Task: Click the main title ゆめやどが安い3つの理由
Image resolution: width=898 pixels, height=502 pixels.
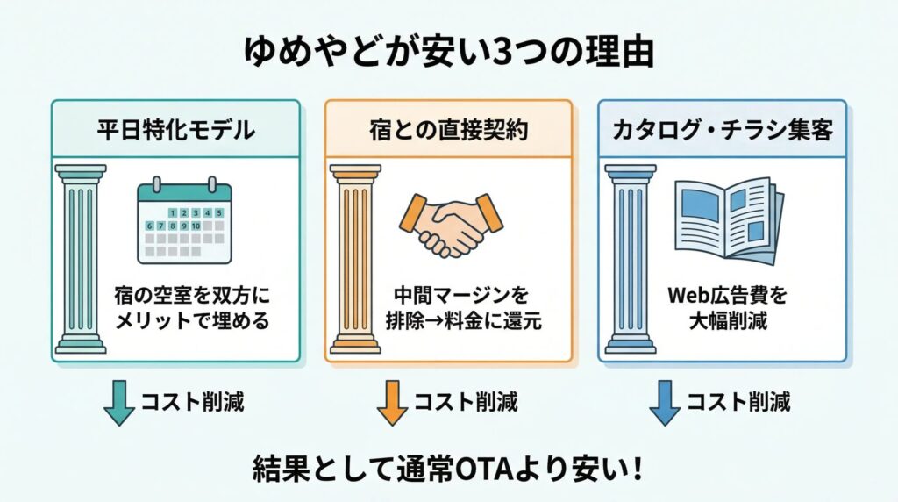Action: click(448, 54)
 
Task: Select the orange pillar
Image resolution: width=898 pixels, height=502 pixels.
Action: click(353, 259)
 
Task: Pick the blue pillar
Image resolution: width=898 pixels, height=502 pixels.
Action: click(629, 259)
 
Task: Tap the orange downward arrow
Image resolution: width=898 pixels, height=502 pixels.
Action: click(392, 402)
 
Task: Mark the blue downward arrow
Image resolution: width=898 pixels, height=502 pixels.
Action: click(665, 402)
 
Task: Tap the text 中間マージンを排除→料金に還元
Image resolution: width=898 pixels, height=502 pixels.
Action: click(466, 308)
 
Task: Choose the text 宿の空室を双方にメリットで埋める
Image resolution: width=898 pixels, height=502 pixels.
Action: click(192, 308)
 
